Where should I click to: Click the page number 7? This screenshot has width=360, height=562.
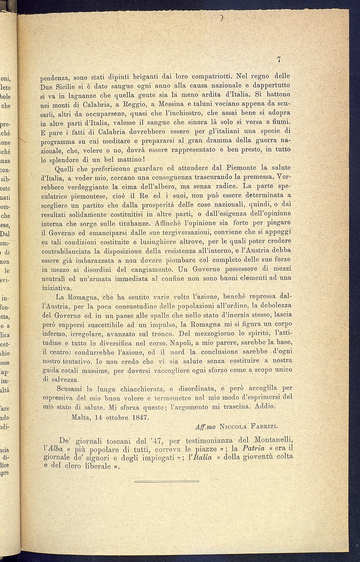pos(279,60)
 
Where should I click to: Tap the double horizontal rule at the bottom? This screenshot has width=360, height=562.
pos(166,481)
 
